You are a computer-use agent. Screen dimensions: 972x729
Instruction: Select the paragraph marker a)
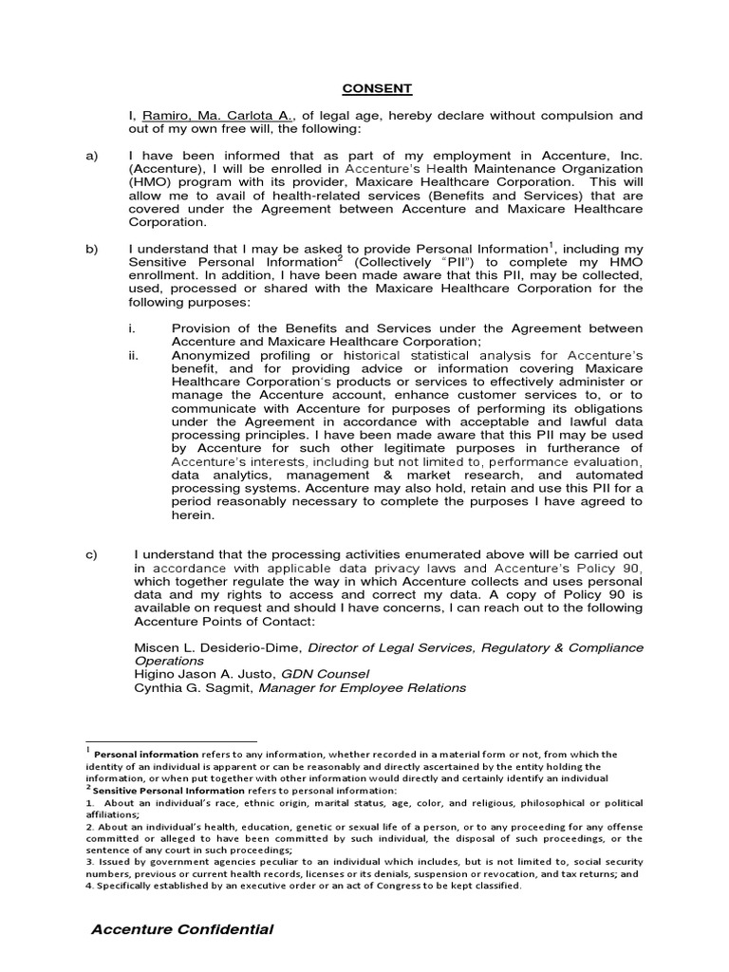pyautogui.click(x=92, y=156)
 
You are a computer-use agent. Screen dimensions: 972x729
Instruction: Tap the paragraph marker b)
pyautogui.click(x=92, y=250)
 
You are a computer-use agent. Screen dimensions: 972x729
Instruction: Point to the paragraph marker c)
pyautogui.click(x=92, y=554)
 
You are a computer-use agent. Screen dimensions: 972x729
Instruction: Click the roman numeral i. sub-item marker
pyautogui.click(x=135, y=328)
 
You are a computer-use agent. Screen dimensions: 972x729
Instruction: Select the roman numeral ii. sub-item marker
pyautogui.click(x=135, y=355)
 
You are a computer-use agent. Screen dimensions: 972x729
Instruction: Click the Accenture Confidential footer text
pyautogui.click(x=182, y=929)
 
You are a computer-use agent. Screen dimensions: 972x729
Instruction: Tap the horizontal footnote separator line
pyautogui.click(x=171, y=741)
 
